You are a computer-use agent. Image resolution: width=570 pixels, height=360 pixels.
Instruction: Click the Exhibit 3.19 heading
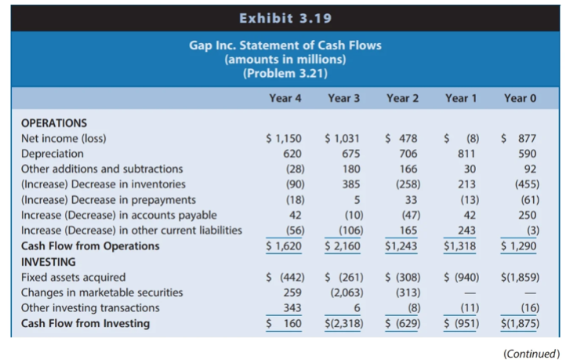click(x=285, y=16)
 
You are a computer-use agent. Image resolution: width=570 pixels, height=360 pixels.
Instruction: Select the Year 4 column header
click(x=285, y=98)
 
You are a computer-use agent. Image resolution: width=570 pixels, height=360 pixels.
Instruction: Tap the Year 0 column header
click(x=521, y=98)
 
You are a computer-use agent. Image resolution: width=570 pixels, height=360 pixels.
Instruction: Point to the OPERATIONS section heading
click(x=54, y=123)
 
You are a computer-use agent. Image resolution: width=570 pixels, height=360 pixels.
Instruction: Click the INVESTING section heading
click(x=48, y=261)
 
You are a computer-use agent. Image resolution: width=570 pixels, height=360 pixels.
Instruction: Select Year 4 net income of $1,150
click(x=285, y=139)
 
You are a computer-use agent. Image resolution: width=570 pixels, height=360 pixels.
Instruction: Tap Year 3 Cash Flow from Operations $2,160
click(x=343, y=246)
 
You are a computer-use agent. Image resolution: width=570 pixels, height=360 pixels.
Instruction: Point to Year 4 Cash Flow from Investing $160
click(x=285, y=323)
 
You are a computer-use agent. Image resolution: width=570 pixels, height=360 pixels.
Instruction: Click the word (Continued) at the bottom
click(x=531, y=352)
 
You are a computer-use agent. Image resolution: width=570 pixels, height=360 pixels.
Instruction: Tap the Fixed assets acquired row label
click(x=70, y=277)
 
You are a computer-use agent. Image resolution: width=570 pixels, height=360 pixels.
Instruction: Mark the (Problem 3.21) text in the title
click(x=285, y=74)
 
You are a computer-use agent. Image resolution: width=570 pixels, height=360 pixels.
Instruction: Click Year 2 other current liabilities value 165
click(x=405, y=231)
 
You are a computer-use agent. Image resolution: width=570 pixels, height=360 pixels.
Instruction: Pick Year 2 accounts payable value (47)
click(x=405, y=215)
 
